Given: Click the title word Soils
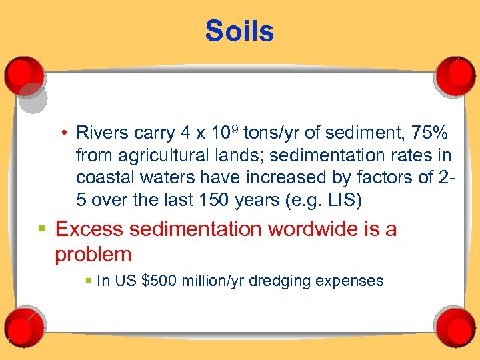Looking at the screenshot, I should [239, 31].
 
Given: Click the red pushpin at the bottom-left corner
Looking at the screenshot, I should [24, 326].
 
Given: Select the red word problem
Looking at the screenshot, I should [93, 254].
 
